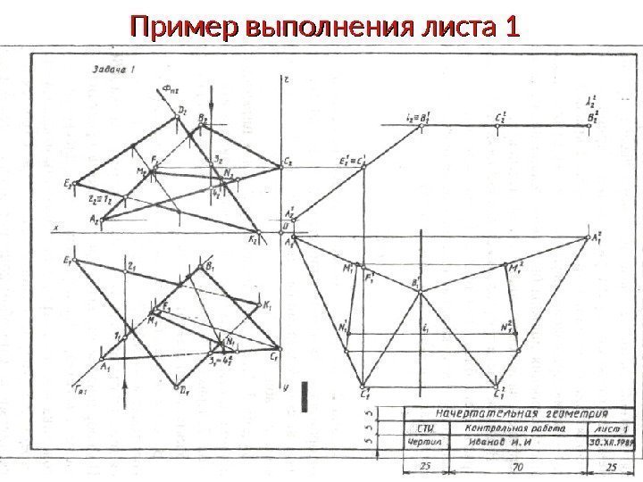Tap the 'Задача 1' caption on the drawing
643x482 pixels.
[x=111, y=69]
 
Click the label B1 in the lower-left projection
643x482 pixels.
[x=210, y=265]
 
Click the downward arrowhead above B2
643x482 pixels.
[x=210, y=92]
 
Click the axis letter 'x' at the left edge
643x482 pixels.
[x=56, y=229]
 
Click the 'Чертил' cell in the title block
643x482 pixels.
[x=399, y=442]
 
